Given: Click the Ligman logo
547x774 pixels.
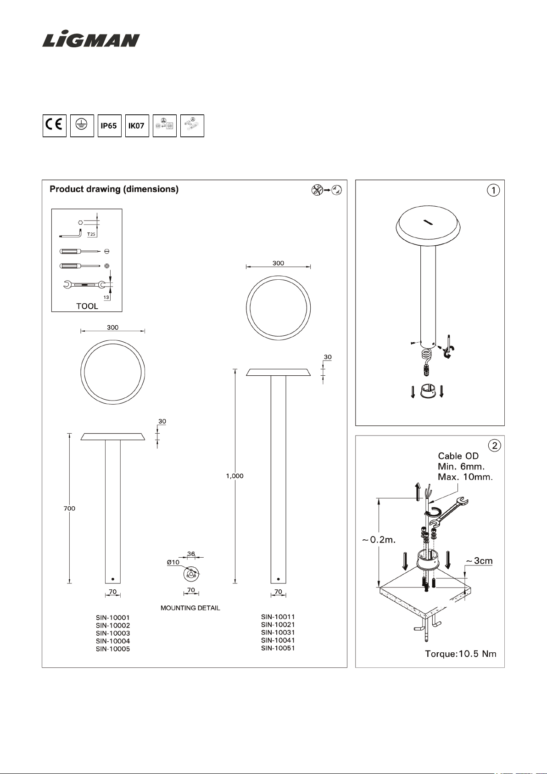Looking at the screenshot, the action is coord(91,40).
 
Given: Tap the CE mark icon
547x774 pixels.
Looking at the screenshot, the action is coord(55,126).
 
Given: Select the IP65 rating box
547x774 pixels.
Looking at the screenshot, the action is coord(109,126).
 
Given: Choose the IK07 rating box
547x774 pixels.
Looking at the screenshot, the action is coord(137,126).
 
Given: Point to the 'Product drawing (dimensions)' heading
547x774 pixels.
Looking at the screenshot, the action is coord(114,189).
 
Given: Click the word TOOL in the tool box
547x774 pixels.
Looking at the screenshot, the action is coord(87,306).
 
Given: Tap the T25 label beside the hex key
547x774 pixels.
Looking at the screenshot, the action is coord(91,234).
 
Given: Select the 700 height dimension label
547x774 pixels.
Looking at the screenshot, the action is coord(69,508).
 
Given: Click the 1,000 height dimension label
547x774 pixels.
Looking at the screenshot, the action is coord(234,476).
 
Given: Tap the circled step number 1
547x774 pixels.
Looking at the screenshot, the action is coord(493,190).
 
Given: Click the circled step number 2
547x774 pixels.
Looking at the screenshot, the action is coord(495,446).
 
